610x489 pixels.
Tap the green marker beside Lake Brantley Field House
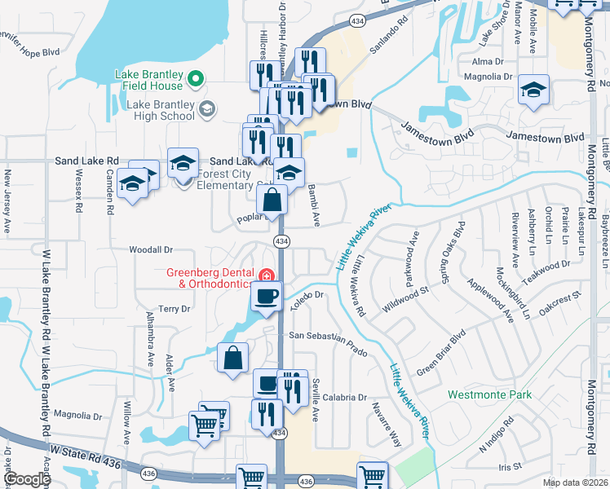(195, 79)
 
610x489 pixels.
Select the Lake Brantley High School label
(161, 110)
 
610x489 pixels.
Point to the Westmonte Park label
(489, 395)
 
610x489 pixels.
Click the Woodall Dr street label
(152, 249)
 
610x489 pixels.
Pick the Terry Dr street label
(174, 309)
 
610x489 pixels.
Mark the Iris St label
(510, 466)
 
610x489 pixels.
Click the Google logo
(28, 479)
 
